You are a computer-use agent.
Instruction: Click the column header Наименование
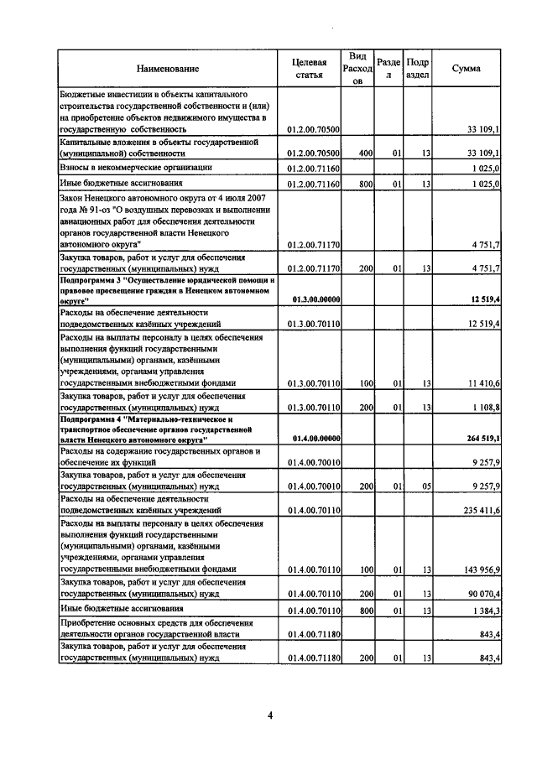(x=168, y=69)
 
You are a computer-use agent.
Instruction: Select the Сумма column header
(x=466, y=69)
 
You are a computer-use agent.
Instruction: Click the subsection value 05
(x=425, y=485)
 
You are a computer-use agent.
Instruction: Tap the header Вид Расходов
(x=357, y=69)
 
